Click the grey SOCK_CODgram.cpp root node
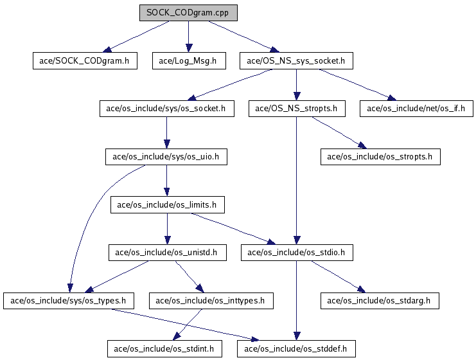click(188, 13)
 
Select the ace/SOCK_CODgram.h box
click(85, 61)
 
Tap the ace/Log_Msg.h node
click(189, 61)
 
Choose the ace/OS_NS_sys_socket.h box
click(296, 61)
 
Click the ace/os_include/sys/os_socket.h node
click(166, 109)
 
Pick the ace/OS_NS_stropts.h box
click(297, 109)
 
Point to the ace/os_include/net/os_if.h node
click(416, 109)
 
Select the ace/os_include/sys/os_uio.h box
click(166, 157)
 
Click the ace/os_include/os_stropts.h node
click(380, 157)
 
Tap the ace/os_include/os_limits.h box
click(168, 205)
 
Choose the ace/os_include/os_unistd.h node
click(168, 253)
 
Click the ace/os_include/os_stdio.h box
click(297, 253)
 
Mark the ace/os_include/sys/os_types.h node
click(69, 301)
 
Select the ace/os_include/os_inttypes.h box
click(211, 301)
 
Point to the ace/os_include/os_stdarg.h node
click(380, 301)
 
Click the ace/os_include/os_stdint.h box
click(164, 349)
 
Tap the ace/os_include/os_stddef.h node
click(296, 349)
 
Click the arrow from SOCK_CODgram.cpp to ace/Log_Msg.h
click(188, 37)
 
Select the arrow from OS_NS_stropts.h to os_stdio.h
click(297, 181)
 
